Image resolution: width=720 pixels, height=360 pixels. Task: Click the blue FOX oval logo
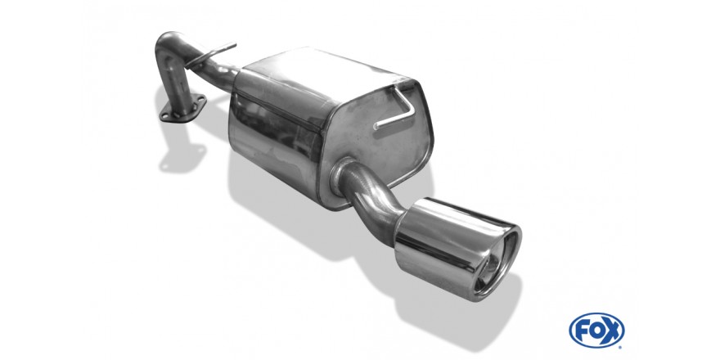click(x=596, y=331)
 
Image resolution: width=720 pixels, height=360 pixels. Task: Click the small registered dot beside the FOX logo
click(x=622, y=346)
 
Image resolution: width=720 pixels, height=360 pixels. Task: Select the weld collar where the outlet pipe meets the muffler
click(x=340, y=176)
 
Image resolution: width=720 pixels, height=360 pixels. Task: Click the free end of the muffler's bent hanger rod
click(x=376, y=126)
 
